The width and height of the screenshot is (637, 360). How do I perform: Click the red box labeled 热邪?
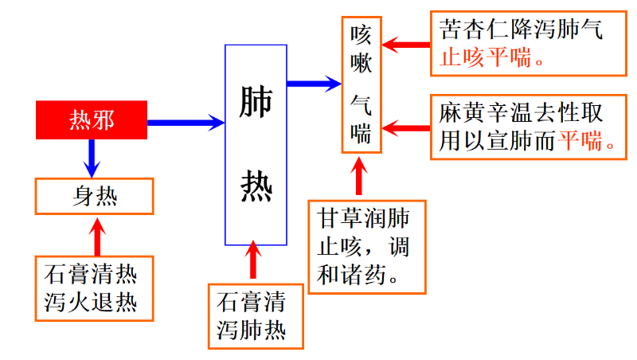click(92, 121)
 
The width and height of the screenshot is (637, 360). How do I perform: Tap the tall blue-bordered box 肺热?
click(256, 144)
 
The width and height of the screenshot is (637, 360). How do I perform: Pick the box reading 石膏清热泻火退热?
click(95, 288)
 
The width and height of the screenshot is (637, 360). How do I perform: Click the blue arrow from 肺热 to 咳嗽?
click(314, 82)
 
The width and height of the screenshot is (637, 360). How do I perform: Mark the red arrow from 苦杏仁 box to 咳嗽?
click(405, 44)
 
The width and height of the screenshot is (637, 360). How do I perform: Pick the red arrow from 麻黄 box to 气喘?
click(405, 127)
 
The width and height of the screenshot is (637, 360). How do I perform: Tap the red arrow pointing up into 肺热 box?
click(254, 260)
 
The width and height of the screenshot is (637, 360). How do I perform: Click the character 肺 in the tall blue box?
click(256, 103)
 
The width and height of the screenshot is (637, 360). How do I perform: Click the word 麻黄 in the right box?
click(459, 113)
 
